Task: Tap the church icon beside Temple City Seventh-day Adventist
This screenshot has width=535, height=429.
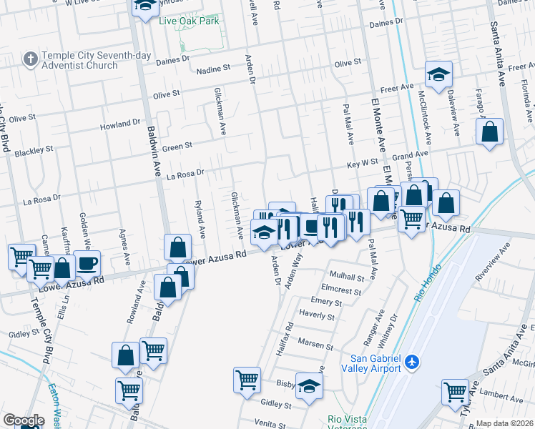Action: pos(30,58)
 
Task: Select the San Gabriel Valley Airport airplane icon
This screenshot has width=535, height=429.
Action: pos(411,363)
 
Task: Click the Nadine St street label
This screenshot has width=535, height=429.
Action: pos(212,69)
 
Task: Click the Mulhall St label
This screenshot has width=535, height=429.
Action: pos(347,275)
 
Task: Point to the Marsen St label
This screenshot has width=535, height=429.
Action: pos(315,342)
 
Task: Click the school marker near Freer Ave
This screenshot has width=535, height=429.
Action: pos(438,73)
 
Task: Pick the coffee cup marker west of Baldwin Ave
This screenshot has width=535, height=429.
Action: pos(87,263)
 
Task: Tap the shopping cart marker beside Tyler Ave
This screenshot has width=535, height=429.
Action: pos(455,392)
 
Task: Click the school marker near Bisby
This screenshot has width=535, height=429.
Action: pos(309,386)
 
